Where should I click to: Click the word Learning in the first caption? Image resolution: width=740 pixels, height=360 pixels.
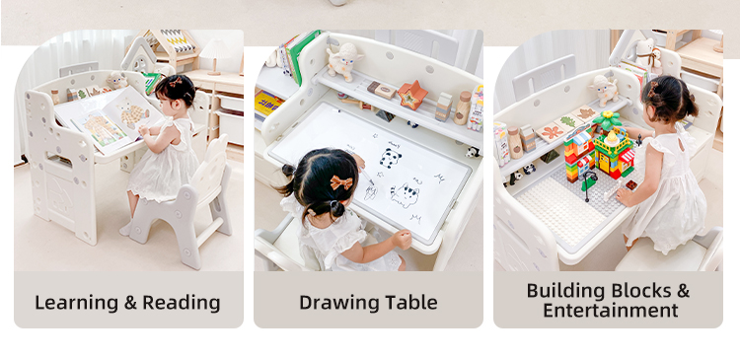pos(76,303)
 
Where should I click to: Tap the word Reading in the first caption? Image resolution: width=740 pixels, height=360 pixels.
pos(182,303)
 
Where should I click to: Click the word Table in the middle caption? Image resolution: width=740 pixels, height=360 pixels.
pos(411,303)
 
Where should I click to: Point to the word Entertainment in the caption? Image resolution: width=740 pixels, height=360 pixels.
pos(610,311)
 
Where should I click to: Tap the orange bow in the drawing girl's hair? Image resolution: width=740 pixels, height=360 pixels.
pos(341,182)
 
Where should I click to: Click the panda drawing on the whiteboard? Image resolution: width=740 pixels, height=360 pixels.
pos(391,158)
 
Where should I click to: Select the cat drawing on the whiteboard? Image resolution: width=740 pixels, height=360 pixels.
pos(405,195)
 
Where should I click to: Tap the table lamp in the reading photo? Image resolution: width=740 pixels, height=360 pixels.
pos(214,56)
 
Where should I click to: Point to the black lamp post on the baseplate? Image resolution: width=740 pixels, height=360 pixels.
pos(588,185)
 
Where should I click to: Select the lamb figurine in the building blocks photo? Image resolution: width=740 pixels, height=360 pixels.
pos(605,90)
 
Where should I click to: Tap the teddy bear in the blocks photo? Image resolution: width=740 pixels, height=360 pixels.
pos(648,55)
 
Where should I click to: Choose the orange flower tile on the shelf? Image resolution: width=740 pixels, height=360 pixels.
pos(552,132)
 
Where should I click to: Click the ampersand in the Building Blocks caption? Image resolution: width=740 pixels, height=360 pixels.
pos(683,291)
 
